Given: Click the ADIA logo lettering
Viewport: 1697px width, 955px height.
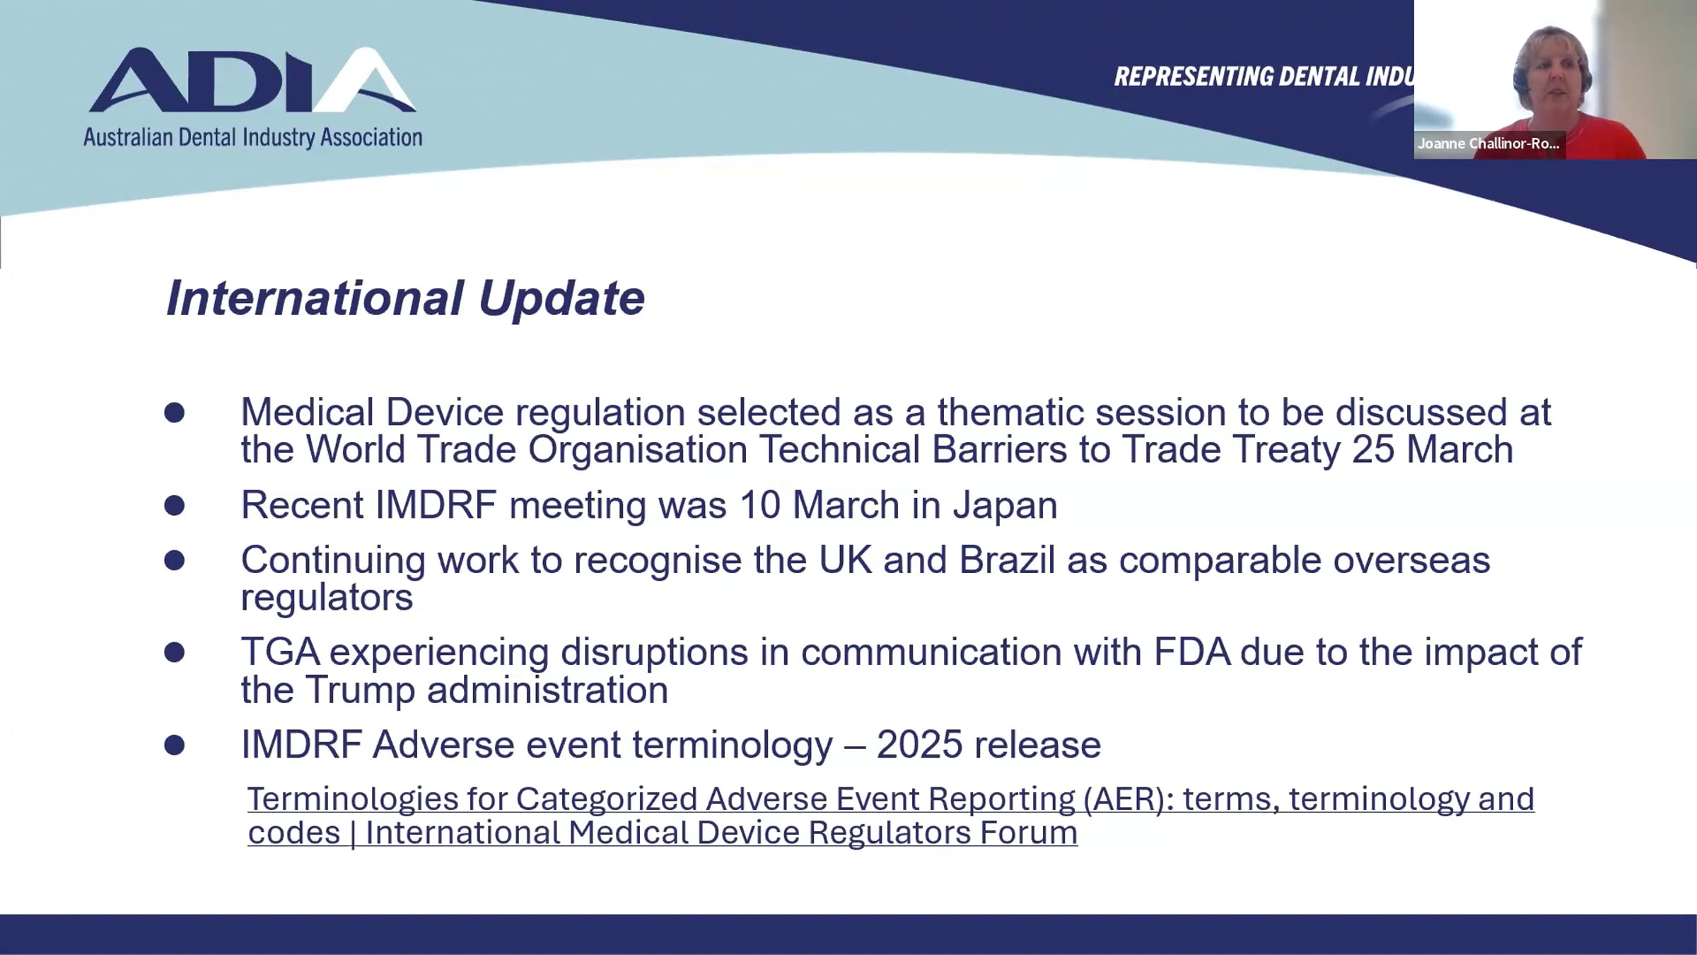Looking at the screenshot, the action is click(x=252, y=80).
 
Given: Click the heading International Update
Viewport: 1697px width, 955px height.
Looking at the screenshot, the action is click(x=405, y=298).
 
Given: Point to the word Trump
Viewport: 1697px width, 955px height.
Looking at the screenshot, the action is click(x=361, y=690).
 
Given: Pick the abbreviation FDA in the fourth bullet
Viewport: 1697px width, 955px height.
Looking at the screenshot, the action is click(x=1192, y=652).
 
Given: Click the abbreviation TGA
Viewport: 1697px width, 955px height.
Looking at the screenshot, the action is click(x=280, y=652).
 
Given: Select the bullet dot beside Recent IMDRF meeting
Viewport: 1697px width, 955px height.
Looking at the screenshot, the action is click(x=174, y=505).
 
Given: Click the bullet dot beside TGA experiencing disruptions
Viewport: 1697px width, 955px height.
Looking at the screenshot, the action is click(x=174, y=652).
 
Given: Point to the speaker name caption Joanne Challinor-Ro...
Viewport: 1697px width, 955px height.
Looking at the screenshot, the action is click(x=1488, y=144).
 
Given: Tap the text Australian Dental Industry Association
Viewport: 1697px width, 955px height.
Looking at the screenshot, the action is click(x=252, y=137).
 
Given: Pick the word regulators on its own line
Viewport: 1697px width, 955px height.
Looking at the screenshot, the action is click(x=327, y=598).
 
